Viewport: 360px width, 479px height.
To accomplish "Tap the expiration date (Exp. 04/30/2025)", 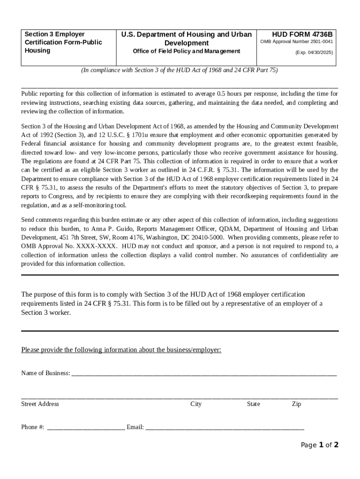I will click(x=314, y=53).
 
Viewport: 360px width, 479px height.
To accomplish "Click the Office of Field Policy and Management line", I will click(x=186, y=51).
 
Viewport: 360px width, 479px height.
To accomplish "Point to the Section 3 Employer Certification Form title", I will click(x=63, y=42).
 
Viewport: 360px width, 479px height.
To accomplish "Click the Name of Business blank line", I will click(x=203, y=374).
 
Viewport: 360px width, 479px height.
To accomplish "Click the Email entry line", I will click(x=224, y=428).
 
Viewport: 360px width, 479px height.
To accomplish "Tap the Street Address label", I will click(x=40, y=404).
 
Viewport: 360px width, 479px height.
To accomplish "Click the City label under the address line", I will click(x=196, y=404).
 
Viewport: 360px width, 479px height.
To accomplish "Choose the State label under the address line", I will click(x=253, y=404).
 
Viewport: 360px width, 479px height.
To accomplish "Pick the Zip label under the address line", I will click(x=296, y=404).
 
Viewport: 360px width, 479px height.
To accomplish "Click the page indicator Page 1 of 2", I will click(x=319, y=445).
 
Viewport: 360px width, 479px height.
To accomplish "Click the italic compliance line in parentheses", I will click(x=180, y=70).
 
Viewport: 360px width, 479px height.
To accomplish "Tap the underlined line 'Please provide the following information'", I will click(x=121, y=350).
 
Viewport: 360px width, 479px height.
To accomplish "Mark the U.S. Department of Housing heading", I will click(x=186, y=38).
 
